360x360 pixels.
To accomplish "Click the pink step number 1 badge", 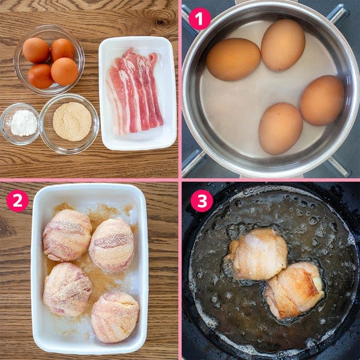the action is point(200,19).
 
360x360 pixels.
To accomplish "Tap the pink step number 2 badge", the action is point(17,201).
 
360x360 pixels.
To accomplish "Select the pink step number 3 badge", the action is point(202,201).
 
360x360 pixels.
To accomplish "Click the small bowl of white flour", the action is point(20,124).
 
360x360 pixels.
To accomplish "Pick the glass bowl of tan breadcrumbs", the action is point(69,123).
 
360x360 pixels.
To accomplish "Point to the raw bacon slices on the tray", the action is point(135,92).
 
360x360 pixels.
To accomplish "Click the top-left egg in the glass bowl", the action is point(36,50).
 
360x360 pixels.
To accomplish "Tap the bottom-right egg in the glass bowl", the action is point(65,71).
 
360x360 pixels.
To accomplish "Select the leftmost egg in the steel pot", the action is point(233,59).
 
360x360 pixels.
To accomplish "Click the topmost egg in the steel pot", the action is point(283,45).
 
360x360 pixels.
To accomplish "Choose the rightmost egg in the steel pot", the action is point(322,100).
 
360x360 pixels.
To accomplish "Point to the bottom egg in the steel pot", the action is point(281,128).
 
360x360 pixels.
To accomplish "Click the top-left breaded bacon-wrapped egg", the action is point(67,235).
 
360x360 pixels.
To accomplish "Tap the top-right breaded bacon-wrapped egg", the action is point(112,245).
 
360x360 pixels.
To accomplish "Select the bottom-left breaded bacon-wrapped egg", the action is point(67,289).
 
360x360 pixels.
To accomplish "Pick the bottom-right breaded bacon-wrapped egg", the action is point(115,317).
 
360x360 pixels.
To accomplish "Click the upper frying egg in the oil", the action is point(256,254).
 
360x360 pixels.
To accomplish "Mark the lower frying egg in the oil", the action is point(294,290).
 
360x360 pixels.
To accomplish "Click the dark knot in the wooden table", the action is point(161,22).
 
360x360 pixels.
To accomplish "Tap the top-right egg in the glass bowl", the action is point(62,50).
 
